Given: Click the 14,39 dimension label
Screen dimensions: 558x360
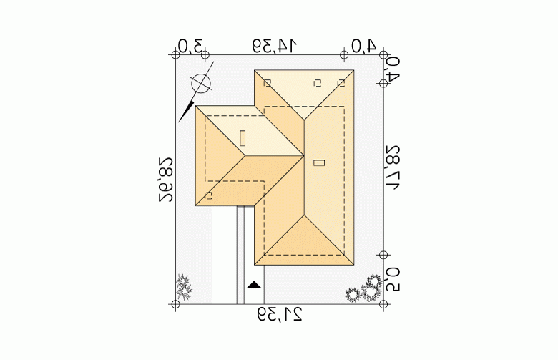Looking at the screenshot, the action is point(275,46).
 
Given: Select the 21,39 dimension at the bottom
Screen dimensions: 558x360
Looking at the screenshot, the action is point(280,315).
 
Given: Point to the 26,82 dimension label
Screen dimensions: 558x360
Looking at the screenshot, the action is point(166,180).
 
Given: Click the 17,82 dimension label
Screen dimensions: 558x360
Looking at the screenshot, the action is point(392,167).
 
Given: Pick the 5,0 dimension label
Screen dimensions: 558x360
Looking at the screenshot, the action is point(392,280).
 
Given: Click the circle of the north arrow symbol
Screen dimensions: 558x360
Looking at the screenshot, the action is point(201,84).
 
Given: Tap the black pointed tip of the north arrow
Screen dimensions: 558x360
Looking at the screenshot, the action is point(179,122).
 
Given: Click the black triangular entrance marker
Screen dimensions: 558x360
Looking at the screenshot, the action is point(254,285).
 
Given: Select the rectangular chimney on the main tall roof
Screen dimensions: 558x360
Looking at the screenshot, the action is point(319,163).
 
